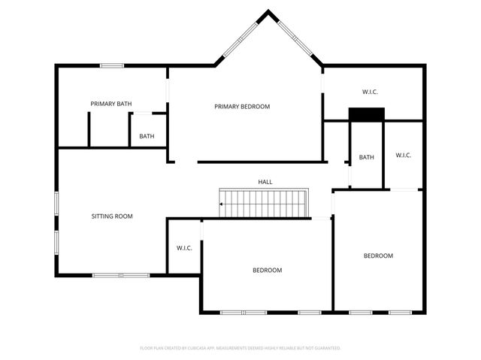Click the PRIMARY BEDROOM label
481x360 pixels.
(241, 107)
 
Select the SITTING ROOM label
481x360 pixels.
(112, 216)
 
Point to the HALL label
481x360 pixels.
(265, 183)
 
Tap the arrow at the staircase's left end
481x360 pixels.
(222, 204)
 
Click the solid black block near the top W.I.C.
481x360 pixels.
(366, 114)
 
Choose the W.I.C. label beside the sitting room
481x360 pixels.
(184, 248)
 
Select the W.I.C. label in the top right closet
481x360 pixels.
(370, 92)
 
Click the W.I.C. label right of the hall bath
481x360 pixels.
(403, 156)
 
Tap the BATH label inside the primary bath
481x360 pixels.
(147, 137)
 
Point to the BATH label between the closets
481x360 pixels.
(366, 158)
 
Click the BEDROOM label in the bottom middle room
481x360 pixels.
(267, 271)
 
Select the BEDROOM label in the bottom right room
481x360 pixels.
(378, 256)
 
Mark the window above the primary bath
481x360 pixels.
(112, 65)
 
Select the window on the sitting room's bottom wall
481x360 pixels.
(121, 275)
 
